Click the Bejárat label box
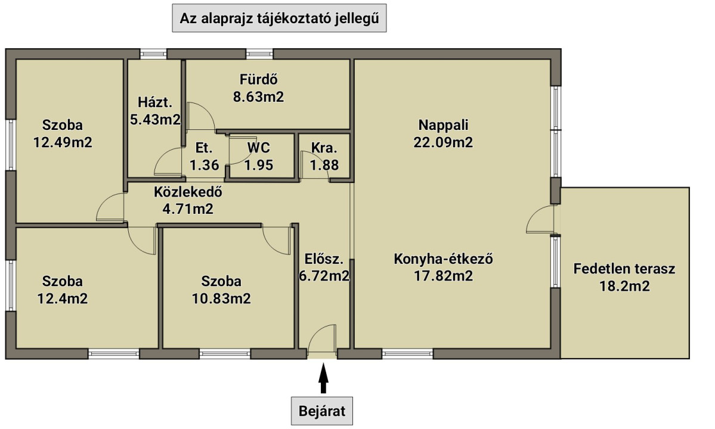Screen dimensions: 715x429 pyautogui.click(x=322, y=411)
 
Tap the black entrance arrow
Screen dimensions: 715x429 pyautogui.click(x=323, y=378)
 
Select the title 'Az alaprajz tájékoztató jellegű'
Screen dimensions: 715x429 pyautogui.click(x=279, y=18)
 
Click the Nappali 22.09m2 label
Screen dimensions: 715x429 pyautogui.click(x=443, y=133)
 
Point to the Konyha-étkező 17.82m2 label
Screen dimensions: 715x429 pyautogui.click(x=443, y=268)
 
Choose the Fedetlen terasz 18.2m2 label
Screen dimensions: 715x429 pyautogui.click(x=624, y=277)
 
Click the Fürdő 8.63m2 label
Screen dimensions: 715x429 pyautogui.click(x=259, y=88)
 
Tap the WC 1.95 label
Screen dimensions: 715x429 pyautogui.click(x=259, y=156)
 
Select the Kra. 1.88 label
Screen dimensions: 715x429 pyautogui.click(x=324, y=156)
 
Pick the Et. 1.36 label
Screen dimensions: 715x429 pyautogui.click(x=205, y=156)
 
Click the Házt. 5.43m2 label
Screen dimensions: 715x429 pyautogui.click(x=155, y=111)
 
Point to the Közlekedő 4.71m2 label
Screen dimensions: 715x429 pyautogui.click(x=188, y=200)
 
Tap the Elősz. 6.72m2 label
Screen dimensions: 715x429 pyautogui.click(x=324, y=268)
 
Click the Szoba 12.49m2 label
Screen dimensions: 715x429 pyautogui.click(x=63, y=133)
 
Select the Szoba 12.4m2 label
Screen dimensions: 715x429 pyautogui.click(x=63, y=290)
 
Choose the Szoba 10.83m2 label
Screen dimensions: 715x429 pyautogui.click(x=221, y=290)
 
